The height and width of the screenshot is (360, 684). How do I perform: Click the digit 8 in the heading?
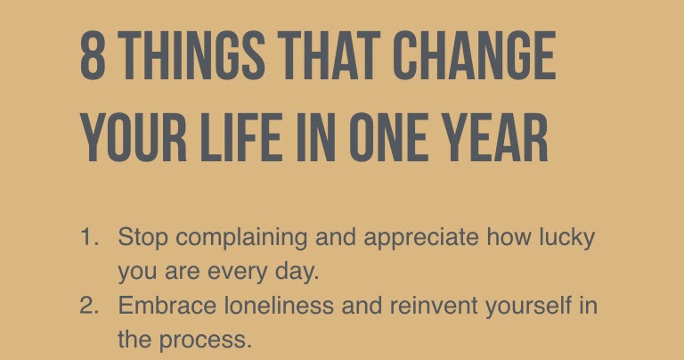click(92, 58)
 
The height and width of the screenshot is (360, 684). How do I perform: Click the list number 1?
click(89, 239)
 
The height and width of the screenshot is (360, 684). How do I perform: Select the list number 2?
click(89, 306)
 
